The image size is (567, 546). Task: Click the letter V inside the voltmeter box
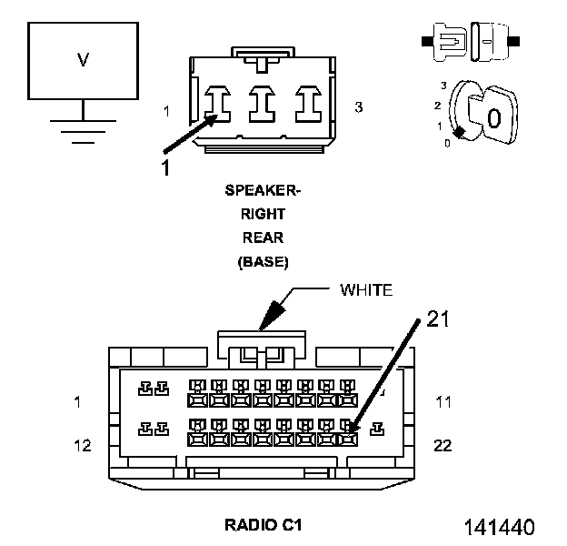pos(84,60)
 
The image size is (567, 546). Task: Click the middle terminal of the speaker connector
pos(263,104)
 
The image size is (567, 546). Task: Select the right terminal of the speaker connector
pos(308,104)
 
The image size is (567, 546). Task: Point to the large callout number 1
pos(165,167)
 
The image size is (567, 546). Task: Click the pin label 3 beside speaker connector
pos(358,107)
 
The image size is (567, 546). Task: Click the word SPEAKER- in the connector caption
pos(263,190)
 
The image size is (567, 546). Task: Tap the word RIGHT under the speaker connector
pos(263,214)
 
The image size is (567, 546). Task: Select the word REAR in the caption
pos(263,238)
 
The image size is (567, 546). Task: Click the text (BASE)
pos(263,262)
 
